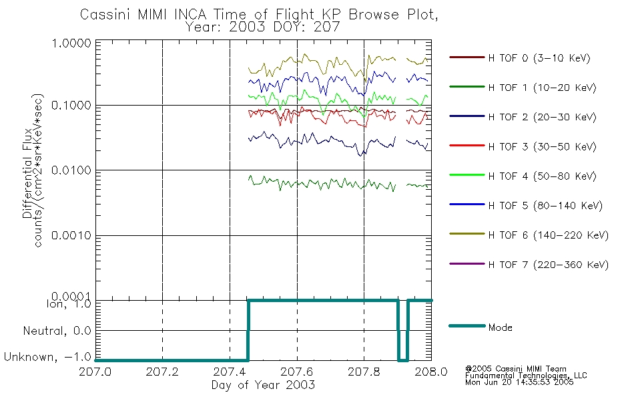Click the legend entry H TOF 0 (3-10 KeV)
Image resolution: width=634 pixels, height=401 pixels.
(x=539, y=58)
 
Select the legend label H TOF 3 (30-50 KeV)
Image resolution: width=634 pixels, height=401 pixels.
(x=542, y=146)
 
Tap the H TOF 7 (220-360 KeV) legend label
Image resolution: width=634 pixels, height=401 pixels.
(x=549, y=265)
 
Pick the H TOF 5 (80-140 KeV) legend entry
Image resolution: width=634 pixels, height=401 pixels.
(x=545, y=206)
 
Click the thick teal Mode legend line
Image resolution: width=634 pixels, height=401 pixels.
(x=467, y=325)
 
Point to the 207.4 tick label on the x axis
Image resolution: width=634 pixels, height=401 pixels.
(x=230, y=372)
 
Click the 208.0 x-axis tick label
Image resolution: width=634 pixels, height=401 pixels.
(x=431, y=372)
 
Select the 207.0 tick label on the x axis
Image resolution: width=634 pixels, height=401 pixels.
(x=95, y=372)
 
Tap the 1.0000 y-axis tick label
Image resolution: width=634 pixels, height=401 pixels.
(x=71, y=43)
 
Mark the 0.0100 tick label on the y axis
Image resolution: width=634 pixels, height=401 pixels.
(x=71, y=170)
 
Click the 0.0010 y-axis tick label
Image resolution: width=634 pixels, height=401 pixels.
(x=71, y=235)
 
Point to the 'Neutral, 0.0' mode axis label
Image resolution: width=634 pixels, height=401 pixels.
(x=57, y=331)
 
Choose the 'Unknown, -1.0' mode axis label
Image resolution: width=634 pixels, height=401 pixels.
(x=47, y=357)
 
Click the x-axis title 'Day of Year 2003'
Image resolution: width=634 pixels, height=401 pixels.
(x=263, y=385)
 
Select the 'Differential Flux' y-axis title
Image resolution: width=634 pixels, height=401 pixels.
(x=27, y=173)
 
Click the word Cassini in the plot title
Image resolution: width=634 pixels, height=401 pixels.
(x=106, y=15)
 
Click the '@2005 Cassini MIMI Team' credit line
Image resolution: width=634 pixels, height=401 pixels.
(x=516, y=369)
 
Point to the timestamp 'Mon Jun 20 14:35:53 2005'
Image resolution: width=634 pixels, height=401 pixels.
(x=519, y=382)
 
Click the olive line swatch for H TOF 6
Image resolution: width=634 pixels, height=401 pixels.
(x=467, y=234)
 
